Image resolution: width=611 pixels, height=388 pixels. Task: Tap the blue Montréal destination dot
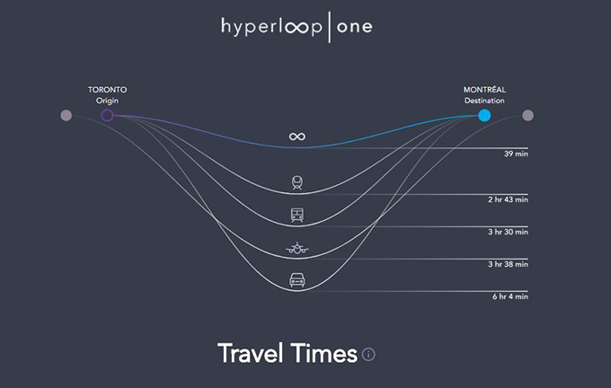[x=484, y=115]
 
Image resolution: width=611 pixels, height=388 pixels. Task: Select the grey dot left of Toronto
[x=66, y=115]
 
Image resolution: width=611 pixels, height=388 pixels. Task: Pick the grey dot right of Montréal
[x=527, y=115]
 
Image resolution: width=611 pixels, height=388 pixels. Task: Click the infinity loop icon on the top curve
[x=297, y=137]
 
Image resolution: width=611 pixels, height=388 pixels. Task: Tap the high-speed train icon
[x=297, y=182]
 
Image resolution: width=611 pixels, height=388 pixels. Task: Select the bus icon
[x=297, y=215]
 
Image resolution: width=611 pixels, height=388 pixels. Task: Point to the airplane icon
[x=297, y=248]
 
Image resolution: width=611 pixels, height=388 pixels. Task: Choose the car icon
[x=297, y=280]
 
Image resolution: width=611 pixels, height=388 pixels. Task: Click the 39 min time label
[x=516, y=154]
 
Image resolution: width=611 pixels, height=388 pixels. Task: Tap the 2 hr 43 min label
[x=509, y=199]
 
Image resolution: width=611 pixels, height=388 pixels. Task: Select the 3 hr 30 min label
[x=509, y=232]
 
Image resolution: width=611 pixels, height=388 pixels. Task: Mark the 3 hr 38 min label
[x=509, y=264]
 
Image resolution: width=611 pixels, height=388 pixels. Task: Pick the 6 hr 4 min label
[x=510, y=296]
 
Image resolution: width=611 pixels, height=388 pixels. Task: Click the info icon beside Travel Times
[x=368, y=354]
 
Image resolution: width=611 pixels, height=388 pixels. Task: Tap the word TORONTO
[x=107, y=90]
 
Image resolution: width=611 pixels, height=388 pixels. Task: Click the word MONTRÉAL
[x=484, y=89]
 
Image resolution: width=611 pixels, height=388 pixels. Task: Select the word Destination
[x=484, y=101]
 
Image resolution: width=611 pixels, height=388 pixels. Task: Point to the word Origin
[x=107, y=101]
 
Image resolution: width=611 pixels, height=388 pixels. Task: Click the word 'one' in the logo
[x=355, y=27]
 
